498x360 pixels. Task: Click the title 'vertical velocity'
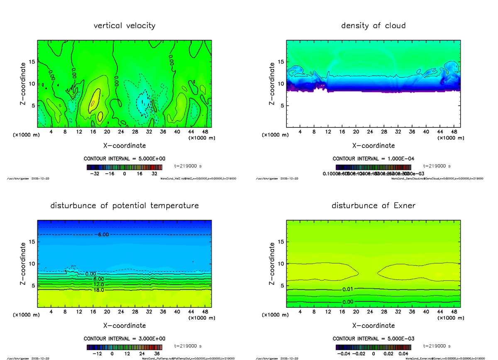pos(124,26)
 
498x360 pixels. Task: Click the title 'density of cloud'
pos(373,26)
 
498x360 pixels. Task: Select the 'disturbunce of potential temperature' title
pos(124,206)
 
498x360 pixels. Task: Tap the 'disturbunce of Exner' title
pos(373,206)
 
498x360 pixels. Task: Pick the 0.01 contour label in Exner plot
pos(348,289)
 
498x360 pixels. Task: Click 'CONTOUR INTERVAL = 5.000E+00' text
pos(124,159)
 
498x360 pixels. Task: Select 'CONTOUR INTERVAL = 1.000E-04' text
pos(373,159)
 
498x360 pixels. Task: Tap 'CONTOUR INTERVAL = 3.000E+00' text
pos(124,338)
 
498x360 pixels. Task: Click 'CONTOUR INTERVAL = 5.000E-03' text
pos(373,338)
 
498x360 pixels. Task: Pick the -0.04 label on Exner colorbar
pos(344,354)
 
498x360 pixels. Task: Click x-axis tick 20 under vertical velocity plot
pos(107,132)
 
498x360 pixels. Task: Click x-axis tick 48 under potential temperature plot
pos(204,311)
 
